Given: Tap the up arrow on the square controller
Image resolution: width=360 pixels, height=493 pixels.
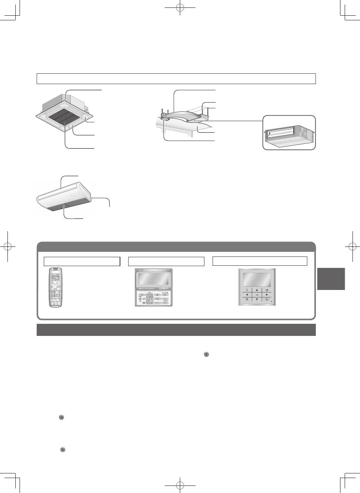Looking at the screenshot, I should [257, 290].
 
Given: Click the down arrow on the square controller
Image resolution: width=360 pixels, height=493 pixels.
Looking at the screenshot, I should [257, 300].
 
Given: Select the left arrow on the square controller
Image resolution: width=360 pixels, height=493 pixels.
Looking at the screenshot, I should [247, 295].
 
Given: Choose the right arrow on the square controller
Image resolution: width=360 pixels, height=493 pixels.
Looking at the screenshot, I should [266, 295].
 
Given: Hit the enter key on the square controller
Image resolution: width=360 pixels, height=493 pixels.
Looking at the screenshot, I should [257, 295].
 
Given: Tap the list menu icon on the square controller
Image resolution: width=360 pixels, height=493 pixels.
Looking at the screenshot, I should [266, 290].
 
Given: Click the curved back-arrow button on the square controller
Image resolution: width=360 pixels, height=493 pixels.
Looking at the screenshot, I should [247, 290].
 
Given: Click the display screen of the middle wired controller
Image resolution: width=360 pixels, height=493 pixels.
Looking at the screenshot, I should [153, 279].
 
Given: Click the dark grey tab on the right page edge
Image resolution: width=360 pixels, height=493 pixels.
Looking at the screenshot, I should [330, 279].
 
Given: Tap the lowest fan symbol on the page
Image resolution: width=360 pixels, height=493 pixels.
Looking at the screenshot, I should [63, 450].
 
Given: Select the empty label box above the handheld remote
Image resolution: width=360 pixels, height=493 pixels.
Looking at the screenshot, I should [82, 261].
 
